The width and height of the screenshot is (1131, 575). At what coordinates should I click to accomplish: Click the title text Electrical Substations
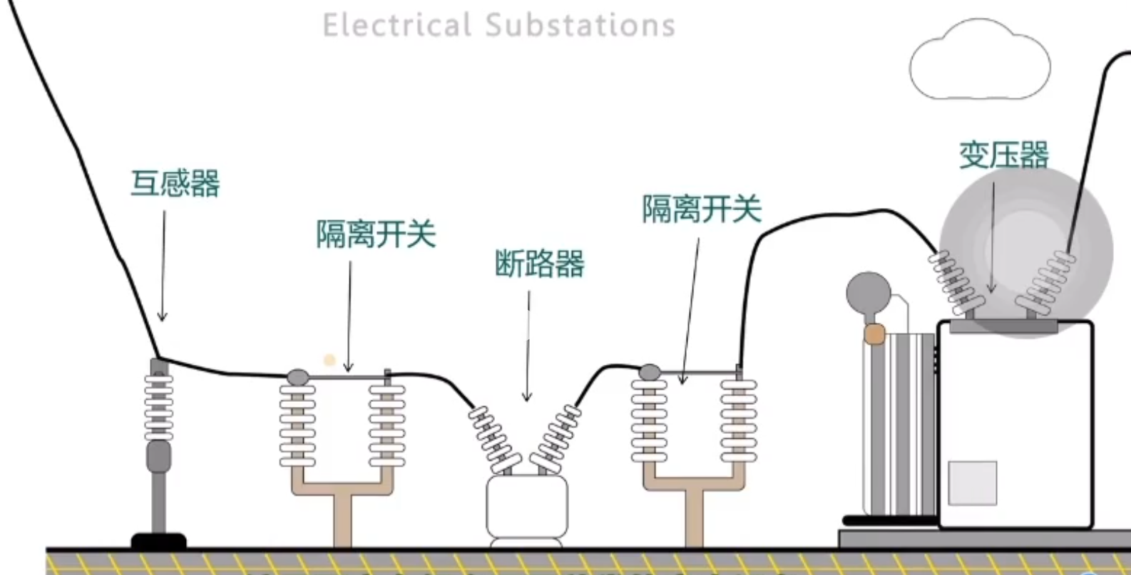click(x=498, y=25)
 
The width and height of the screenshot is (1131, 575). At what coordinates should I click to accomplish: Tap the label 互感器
click(x=175, y=183)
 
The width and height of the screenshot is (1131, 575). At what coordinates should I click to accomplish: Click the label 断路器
click(x=540, y=264)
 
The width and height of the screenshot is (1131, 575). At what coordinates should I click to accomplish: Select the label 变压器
click(x=1003, y=155)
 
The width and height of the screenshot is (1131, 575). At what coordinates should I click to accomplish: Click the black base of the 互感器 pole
click(x=158, y=541)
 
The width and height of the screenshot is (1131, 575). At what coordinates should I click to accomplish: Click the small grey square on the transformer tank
click(x=972, y=483)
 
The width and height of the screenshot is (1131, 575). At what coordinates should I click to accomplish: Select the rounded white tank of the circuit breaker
click(x=527, y=507)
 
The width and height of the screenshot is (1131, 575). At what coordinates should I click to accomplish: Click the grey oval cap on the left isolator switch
click(x=297, y=376)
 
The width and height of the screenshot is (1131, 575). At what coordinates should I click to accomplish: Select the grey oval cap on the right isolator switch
click(x=649, y=372)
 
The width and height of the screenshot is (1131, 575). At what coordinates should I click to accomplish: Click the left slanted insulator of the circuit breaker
click(x=491, y=437)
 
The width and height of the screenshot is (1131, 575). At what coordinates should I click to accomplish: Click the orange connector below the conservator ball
click(x=874, y=333)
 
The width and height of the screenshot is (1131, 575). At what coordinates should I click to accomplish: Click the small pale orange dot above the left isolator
click(x=329, y=360)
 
